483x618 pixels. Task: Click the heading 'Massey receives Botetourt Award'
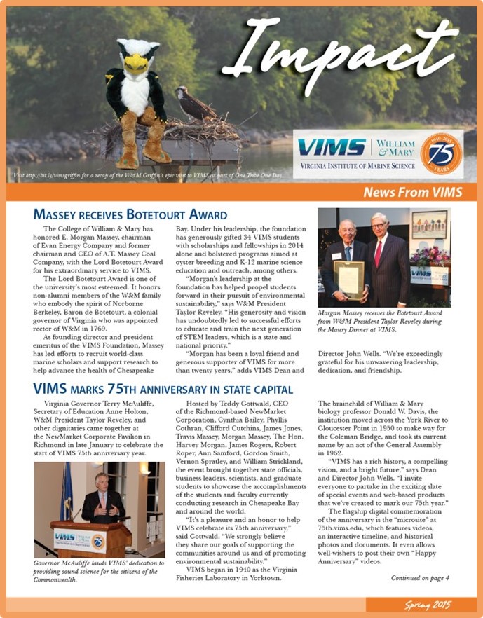point(130,215)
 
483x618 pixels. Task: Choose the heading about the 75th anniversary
point(163,389)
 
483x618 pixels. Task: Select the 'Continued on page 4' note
point(420,578)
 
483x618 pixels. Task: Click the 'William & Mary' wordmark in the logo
point(395,147)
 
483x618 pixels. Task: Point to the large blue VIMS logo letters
point(332,148)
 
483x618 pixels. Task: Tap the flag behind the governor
point(67,490)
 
